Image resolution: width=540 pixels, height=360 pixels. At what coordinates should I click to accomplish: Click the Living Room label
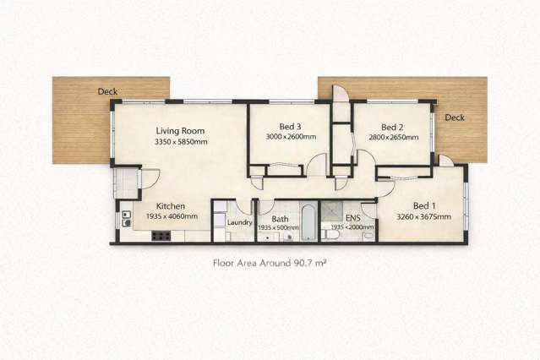point(181,131)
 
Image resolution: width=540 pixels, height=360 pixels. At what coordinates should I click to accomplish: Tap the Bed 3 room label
point(290,126)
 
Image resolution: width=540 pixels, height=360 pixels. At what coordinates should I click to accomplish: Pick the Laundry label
point(240,222)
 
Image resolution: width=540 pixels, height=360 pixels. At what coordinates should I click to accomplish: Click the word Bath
point(280,218)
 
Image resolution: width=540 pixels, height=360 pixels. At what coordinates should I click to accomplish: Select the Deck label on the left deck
point(106,91)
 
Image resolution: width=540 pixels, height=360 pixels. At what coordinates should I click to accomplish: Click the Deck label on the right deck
point(455,117)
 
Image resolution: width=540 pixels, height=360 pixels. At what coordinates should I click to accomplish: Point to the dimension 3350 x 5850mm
point(181,143)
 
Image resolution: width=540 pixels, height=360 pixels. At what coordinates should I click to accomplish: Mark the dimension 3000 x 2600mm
point(291,137)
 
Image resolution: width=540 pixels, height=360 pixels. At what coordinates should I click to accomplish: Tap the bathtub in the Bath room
point(308,223)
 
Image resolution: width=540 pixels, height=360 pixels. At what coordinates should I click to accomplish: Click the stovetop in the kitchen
point(160,236)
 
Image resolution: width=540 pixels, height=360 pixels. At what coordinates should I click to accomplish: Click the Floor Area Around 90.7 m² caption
point(270,264)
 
